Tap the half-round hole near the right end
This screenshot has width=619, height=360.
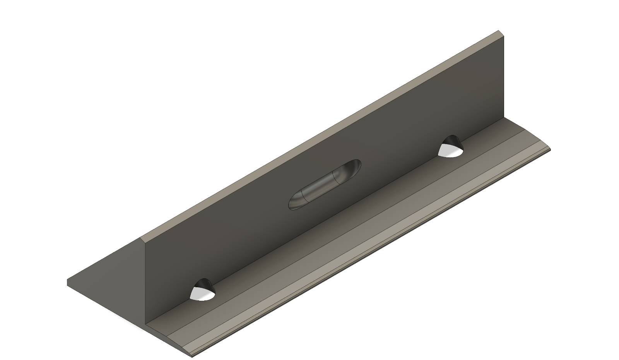[x=450, y=147]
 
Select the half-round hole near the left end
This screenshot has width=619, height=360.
[x=202, y=290]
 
